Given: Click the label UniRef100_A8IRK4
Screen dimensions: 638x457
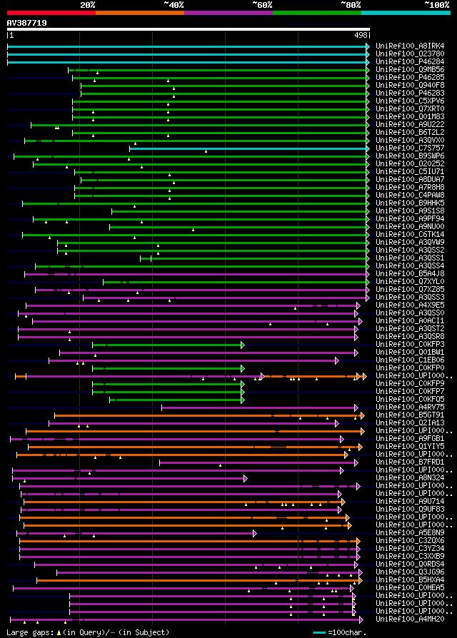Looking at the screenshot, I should pyautogui.click(x=411, y=46).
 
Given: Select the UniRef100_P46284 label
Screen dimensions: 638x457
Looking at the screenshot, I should pyautogui.click(x=411, y=62).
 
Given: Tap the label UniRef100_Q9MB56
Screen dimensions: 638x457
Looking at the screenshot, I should pyautogui.click(x=411, y=70).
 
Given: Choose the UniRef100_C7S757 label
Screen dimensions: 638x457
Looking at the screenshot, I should pyautogui.click(x=411, y=148).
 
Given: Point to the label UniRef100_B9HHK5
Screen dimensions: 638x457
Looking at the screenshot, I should pyautogui.click(x=411, y=203).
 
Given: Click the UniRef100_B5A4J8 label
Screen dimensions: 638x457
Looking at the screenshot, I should pyautogui.click(x=411, y=274).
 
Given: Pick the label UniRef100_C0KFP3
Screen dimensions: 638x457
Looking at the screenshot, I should pyautogui.click(x=411, y=345).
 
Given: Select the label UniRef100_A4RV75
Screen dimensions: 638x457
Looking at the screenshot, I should pyautogui.click(x=411, y=407).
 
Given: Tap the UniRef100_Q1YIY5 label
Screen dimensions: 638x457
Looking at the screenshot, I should pyautogui.click(x=411, y=447).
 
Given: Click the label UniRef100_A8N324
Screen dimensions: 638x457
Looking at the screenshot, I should pyautogui.click(x=411, y=478).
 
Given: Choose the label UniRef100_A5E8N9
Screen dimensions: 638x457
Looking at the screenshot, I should pyautogui.click(x=411, y=533).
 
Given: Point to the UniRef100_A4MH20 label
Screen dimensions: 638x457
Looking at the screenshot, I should pyautogui.click(x=411, y=619).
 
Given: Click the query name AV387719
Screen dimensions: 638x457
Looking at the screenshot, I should pyautogui.click(x=27, y=24).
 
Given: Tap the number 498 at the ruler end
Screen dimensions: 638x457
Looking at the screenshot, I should pyautogui.click(x=361, y=35).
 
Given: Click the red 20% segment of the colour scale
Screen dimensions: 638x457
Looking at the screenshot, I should pyautogui.click(x=51, y=13).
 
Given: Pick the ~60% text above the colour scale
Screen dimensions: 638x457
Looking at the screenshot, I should pyautogui.click(x=262, y=5).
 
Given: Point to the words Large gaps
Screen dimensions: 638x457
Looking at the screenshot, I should pyautogui.click(x=29, y=633).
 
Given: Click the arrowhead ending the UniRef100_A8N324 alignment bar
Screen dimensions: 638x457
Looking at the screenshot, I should pyautogui.click(x=245, y=478).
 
